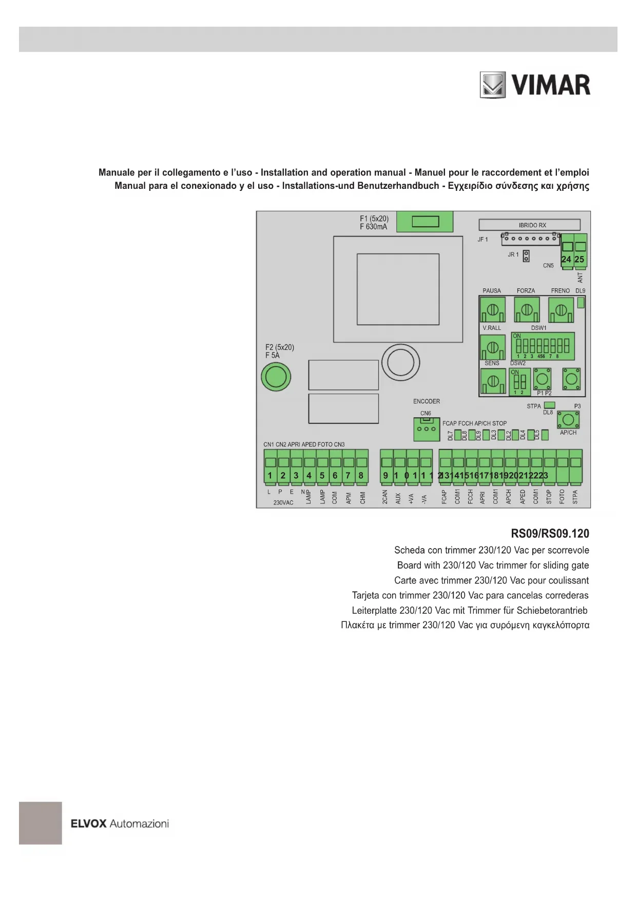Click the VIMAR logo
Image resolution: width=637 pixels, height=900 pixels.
pyautogui.click(x=535, y=85)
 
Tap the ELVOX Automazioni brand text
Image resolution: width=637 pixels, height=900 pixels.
pyautogui.click(x=120, y=824)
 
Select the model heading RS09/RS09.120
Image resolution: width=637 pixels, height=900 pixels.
pyautogui.click(x=550, y=533)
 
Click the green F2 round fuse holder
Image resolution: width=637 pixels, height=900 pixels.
pyautogui.click(x=276, y=377)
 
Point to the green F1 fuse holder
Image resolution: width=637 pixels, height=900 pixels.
pyautogui.click(x=425, y=222)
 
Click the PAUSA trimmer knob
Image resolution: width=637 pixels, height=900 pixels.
pyautogui.click(x=492, y=310)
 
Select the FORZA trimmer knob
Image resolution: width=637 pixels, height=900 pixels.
pyautogui.click(x=526, y=310)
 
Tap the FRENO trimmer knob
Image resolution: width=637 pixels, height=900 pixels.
pyautogui.click(x=561, y=310)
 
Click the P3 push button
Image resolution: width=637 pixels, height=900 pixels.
pyautogui.click(x=568, y=420)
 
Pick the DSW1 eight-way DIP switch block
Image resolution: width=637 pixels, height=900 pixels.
pyautogui.click(x=543, y=346)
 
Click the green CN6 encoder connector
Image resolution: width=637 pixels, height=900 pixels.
pyautogui.click(x=426, y=429)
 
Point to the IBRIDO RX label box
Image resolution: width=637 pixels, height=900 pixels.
pyautogui.click(x=529, y=225)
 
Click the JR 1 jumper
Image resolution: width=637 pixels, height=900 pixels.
pyautogui.click(x=526, y=255)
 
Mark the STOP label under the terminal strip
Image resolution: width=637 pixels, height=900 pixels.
pyautogui.click(x=549, y=497)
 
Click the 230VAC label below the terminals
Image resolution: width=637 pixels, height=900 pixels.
pyautogui.click(x=283, y=502)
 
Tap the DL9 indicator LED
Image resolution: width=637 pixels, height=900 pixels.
pyautogui.click(x=581, y=303)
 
